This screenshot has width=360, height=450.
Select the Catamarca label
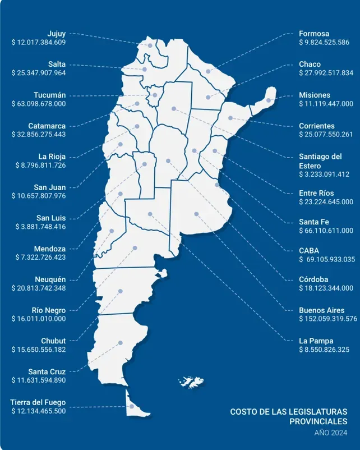coord(47,126)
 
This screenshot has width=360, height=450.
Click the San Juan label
coord(49,187)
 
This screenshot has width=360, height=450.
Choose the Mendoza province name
coord(50,249)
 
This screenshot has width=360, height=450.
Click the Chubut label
coord(53,341)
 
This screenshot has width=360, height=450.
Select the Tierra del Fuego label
coord(38,402)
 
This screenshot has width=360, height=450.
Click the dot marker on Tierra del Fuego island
coord(131,406)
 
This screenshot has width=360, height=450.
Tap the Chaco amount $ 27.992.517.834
coord(326,73)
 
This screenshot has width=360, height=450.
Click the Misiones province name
coord(315,95)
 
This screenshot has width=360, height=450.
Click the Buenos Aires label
coord(322,310)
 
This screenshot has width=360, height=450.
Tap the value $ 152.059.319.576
coord(328,319)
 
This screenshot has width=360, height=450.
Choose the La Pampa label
coord(316,341)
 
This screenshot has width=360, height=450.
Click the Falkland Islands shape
coord(191,382)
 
